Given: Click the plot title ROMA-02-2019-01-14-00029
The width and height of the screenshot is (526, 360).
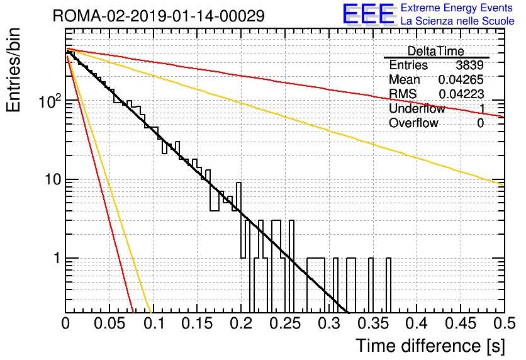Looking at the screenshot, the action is [159, 16].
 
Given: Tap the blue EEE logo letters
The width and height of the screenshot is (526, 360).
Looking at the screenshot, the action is [368, 14].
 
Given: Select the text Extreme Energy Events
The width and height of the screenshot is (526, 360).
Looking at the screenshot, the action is [457, 8].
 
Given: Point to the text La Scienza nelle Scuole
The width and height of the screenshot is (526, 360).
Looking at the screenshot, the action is [457, 21].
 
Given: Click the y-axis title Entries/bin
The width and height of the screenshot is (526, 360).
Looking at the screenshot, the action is [14, 70].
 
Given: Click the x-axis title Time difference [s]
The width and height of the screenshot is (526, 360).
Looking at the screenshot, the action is [430, 346].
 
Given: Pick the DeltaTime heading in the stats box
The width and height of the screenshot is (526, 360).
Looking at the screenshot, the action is [435, 51].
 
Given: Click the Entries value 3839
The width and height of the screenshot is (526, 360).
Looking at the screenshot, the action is [469, 65].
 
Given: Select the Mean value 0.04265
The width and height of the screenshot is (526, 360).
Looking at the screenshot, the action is [461, 79].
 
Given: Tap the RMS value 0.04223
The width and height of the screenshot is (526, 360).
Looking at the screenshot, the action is [461, 94].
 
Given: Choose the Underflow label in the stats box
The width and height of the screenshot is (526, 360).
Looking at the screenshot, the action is [417, 108].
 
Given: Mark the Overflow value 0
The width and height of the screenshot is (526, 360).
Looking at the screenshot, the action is [480, 123].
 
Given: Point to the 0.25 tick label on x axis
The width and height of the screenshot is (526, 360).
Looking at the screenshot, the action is [285, 323].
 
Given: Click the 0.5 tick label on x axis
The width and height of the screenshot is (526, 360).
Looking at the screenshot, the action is [504, 323].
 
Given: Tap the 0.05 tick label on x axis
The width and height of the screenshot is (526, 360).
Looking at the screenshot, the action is [109, 323].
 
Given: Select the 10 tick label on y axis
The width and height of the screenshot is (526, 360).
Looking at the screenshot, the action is [53, 179].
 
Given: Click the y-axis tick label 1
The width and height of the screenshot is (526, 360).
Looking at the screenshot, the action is [57, 258].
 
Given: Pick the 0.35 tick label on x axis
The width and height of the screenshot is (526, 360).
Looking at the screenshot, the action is [372, 323].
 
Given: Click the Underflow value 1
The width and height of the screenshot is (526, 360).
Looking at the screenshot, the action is [481, 108].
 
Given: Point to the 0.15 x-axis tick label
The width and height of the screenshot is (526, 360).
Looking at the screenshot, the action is [198, 323].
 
